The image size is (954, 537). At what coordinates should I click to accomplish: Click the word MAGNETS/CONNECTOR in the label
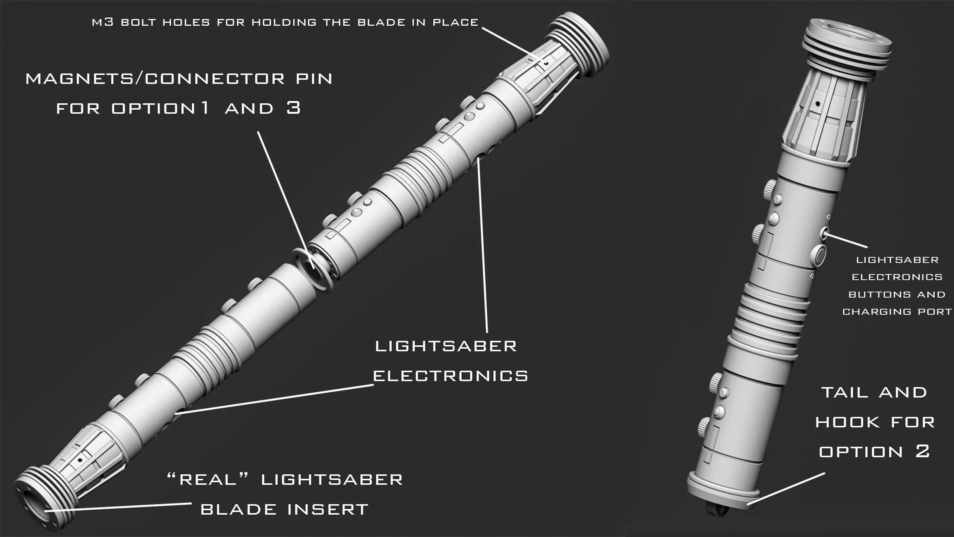[x=154, y=79]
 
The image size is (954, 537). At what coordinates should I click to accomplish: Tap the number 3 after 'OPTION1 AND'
[x=294, y=108]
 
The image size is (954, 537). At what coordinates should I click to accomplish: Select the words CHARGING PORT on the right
[x=897, y=312]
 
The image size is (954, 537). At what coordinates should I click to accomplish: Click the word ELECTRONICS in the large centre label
[x=451, y=376]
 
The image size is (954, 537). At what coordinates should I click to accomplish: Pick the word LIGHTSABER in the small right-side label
[x=897, y=260]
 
